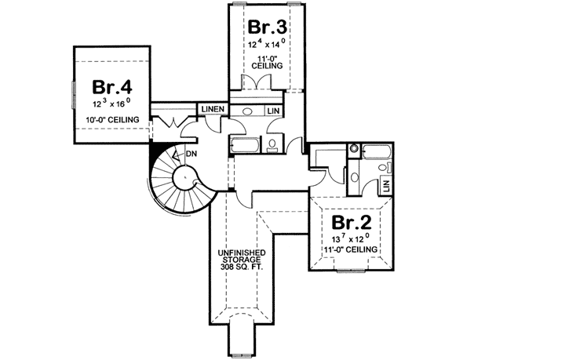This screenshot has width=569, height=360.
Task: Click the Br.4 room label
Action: pyautogui.click(x=111, y=85)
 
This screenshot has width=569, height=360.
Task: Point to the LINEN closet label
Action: pyautogui.click(x=213, y=108)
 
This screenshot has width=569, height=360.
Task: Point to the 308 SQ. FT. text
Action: pyautogui.click(x=243, y=267)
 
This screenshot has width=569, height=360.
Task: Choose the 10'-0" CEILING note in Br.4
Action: pyautogui.click(x=113, y=119)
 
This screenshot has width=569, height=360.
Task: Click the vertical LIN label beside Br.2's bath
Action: pyautogui.click(x=386, y=186)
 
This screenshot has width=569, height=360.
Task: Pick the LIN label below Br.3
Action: pyautogui.click(x=273, y=112)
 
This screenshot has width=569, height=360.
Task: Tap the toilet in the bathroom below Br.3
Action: pyautogui.click(x=272, y=144)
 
